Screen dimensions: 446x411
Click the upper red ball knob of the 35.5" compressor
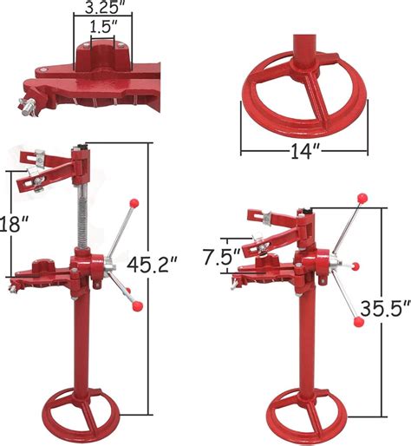tap(357, 199)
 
